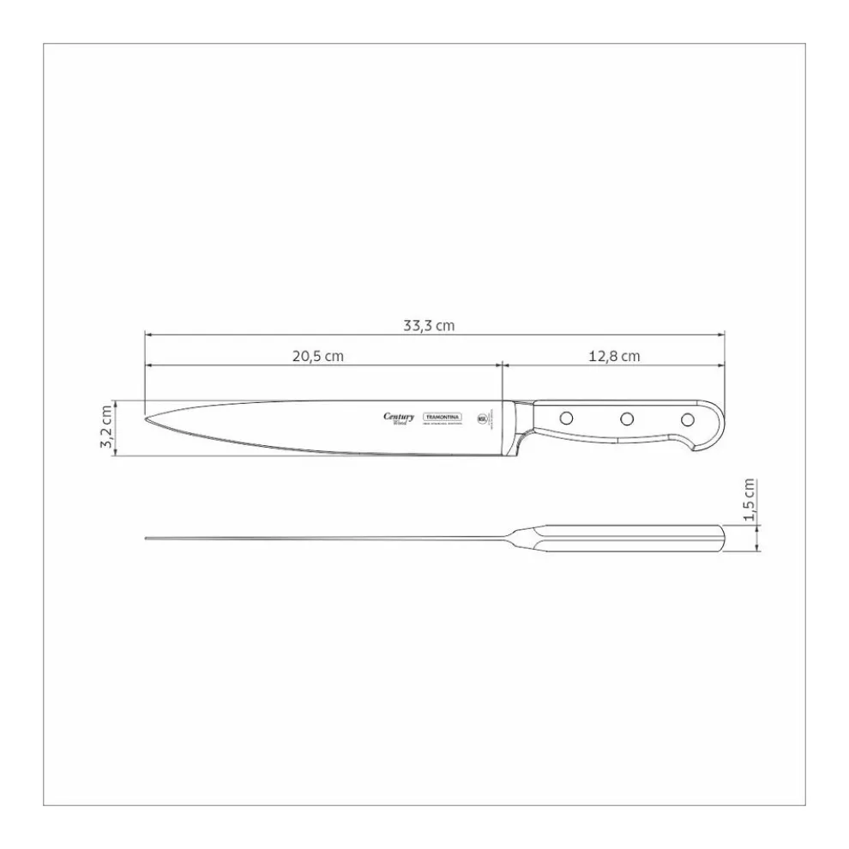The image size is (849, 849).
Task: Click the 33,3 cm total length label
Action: [x=428, y=325]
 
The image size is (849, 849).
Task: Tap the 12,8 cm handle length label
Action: [x=614, y=356]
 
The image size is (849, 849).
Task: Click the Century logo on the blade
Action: [x=399, y=418]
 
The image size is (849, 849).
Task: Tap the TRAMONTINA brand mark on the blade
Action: [x=443, y=417]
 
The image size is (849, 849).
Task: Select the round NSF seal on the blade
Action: [x=481, y=418]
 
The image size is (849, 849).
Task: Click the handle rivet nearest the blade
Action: [x=566, y=418]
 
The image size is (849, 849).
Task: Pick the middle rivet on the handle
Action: [x=627, y=418]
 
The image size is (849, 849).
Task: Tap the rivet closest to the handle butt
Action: [x=687, y=418]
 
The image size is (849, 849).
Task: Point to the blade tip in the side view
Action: [x=148, y=420]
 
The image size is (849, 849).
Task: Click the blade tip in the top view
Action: [x=148, y=539]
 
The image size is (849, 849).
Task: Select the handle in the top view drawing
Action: [x=626, y=538]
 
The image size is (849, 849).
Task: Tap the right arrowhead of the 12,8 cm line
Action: [x=721, y=365]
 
